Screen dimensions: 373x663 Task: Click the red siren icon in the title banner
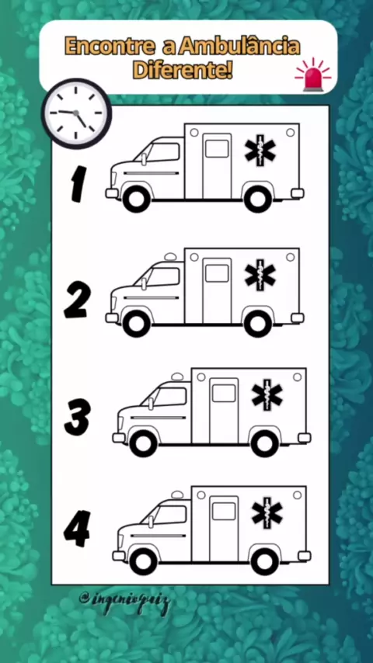coord(313,74)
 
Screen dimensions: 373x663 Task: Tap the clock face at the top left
coord(77,113)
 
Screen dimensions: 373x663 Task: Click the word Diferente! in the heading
coord(183,70)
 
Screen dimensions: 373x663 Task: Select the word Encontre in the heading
coord(110,46)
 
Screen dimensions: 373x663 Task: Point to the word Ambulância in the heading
coord(239,46)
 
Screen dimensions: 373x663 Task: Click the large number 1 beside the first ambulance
coord(78,183)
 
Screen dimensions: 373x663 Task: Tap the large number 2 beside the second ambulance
coord(77,300)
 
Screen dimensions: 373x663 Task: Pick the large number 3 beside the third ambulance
coord(78,418)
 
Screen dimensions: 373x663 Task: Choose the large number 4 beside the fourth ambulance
coord(77,529)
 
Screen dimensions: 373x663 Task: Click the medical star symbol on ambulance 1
coord(260,151)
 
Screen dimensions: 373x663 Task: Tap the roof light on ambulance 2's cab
coord(170,257)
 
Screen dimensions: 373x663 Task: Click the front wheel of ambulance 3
coord(143,443)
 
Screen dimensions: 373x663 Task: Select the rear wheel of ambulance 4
coord(265,561)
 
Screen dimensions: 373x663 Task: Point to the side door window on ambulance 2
coord(217,273)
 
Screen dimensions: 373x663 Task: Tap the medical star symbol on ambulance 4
coord(267,513)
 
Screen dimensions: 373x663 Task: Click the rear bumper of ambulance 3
coord(304,438)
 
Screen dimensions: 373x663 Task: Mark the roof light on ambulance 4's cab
coord(177,495)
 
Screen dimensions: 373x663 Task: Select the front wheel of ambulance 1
coord(136,200)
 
